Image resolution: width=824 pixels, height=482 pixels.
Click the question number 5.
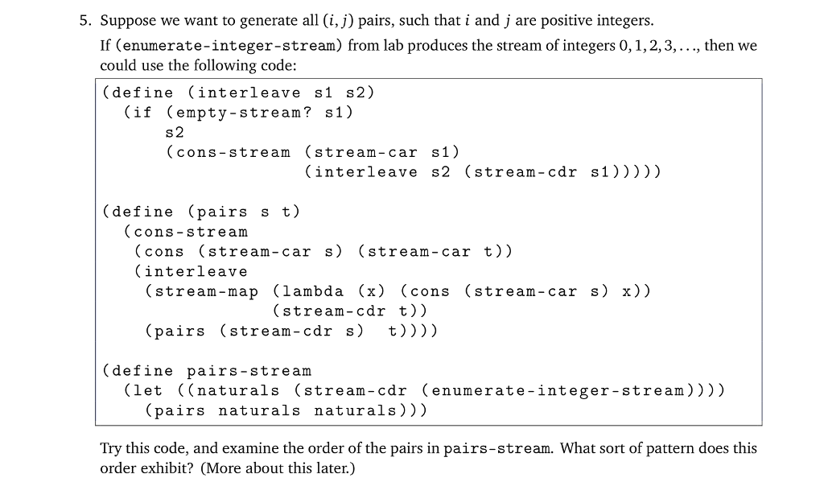coord(83,20)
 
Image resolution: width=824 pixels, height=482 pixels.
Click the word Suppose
coord(126,20)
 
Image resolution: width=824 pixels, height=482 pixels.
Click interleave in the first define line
coord(249,93)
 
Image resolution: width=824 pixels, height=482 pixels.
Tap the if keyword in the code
coord(141,113)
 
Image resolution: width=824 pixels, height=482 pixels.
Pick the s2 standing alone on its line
coord(175,132)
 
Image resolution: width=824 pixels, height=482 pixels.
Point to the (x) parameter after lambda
coord(371,291)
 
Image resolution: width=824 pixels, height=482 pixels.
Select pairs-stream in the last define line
coord(249,371)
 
